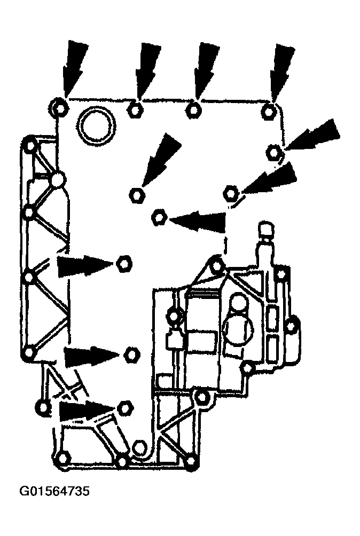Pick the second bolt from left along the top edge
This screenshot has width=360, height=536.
(x=135, y=111)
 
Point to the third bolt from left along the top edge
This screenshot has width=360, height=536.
(x=193, y=111)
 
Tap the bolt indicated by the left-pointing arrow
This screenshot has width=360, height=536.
(x=159, y=217)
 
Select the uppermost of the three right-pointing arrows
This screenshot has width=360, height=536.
(x=83, y=265)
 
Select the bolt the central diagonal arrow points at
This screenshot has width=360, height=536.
(x=136, y=194)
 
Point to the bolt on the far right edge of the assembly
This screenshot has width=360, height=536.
(x=291, y=325)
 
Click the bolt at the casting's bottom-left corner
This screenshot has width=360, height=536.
(x=62, y=458)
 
